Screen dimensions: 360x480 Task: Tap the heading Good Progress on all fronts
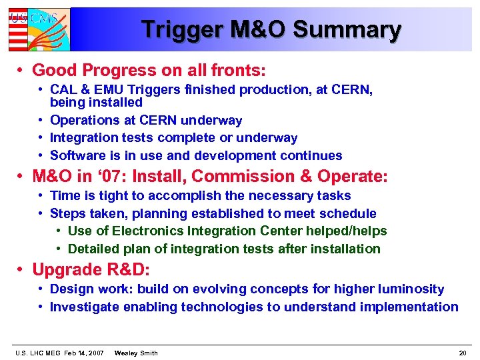149,70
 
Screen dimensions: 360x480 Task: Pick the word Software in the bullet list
76,156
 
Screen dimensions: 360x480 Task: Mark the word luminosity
409,289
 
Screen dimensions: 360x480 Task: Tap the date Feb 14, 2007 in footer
84,353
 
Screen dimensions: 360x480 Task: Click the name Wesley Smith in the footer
136,353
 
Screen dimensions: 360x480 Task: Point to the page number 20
462,353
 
